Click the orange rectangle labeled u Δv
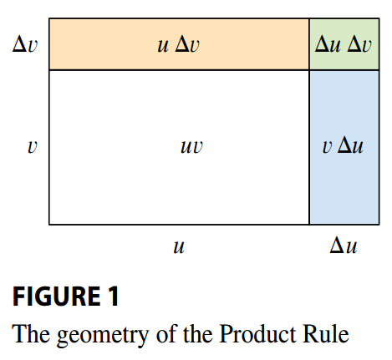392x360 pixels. pyautogui.click(x=179, y=44)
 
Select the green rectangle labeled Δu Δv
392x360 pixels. pyautogui.click(x=344, y=44)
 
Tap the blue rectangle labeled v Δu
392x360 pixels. pyautogui.click(x=344, y=147)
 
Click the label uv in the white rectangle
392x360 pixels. pyautogui.click(x=191, y=146)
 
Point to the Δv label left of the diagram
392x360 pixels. pyautogui.click(x=25, y=44)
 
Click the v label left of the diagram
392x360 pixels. pyautogui.click(x=33, y=147)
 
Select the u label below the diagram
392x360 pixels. pyautogui.click(x=179, y=246)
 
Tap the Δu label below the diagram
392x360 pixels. pyautogui.click(x=344, y=246)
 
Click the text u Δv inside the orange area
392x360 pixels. pyautogui.click(x=178, y=44)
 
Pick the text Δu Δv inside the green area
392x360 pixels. pyautogui.click(x=344, y=44)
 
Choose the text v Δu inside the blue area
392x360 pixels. pyautogui.click(x=343, y=146)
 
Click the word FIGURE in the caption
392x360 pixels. pyautogui.click(x=56, y=297)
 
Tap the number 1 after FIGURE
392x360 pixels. pyautogui.click(x=114, y=297)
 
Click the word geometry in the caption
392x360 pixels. pyautogui.click(x=103, y=335)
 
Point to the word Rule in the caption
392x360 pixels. pyautogui.click(x=326, y=333)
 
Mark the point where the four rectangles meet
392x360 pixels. pyautogui.click(x=309, y=70)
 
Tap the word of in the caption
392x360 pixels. pyautogui.click(x=166, y=333)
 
